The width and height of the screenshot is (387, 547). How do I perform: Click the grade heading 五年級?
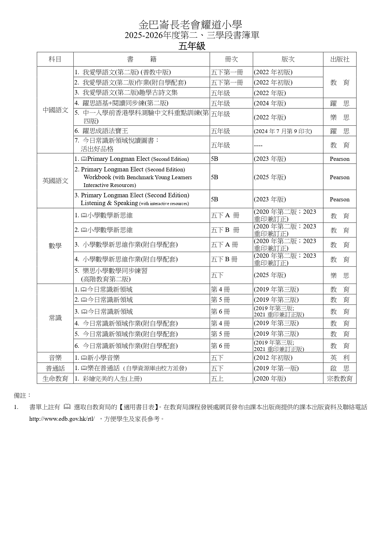pos(192,46)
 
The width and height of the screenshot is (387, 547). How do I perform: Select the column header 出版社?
pos(340,59)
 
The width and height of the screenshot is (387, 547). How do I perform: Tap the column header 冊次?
pos(231,59)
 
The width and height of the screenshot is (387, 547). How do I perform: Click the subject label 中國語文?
pos(55,110)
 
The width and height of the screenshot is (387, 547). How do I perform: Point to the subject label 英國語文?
pos(55,181)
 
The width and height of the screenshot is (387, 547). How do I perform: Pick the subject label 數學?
pos(55,246)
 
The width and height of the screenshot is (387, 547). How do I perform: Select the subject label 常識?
pos(55,318)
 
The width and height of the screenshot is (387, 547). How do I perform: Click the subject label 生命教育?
pos(55,379)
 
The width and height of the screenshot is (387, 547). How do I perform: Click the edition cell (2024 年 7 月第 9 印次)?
pos(283,131)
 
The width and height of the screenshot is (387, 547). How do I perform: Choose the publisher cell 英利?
pos(340,358)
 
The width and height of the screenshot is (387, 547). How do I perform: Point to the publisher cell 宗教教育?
pos(340,379)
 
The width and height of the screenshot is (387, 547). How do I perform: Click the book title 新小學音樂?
pos(103,358)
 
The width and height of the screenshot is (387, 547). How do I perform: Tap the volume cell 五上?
pos(217,379)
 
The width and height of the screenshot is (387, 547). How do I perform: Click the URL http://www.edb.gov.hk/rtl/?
pos(62,419)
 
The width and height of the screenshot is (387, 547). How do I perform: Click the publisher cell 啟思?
pos(340,368)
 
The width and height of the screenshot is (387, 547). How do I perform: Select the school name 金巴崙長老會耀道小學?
pos(190,25)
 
